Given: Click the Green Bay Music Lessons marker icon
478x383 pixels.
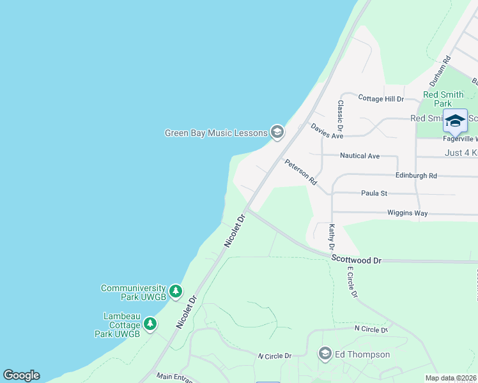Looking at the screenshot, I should coord(277,132).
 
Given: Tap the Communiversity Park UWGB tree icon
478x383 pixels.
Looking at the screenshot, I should coord(176,292).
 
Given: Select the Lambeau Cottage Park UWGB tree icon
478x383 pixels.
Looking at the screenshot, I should coord(150,324).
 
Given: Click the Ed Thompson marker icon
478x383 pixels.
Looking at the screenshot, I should coord(325,354).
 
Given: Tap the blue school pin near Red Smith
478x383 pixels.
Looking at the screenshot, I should coord(455,121).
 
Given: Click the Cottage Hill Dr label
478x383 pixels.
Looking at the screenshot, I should coord(381,99).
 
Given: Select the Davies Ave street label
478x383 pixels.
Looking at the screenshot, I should coord(327,131).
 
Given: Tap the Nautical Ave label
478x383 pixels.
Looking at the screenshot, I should coord(360,156).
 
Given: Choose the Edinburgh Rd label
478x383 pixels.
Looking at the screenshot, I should coord(416,176).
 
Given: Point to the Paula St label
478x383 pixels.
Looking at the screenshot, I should coord(374,193).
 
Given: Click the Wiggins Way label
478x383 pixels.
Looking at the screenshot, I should coord(407,213).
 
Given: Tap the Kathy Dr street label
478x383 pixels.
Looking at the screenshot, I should coord(332,236).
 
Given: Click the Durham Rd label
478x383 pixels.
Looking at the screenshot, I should coord(440,71).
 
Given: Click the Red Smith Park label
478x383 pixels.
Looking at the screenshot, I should coord(443,99).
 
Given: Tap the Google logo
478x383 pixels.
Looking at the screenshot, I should coord(21,375).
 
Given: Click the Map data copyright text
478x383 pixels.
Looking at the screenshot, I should coord(451,378).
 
